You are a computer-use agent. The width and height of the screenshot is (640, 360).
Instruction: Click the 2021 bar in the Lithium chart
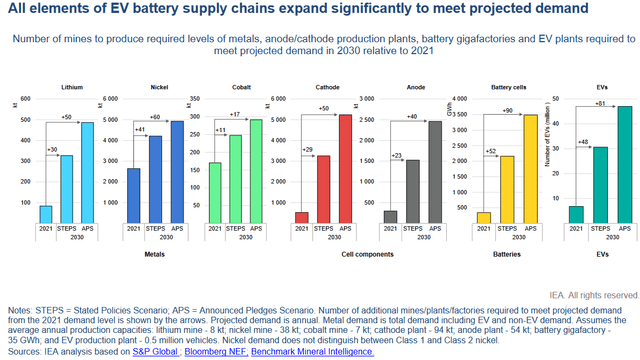[x=46, y=214]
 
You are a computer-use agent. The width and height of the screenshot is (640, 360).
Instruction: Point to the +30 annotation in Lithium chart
[x=52, y=149]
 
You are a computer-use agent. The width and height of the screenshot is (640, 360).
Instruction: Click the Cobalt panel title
[x=240, y=87]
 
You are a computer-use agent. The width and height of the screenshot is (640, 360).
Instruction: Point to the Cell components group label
[x=365, y=255]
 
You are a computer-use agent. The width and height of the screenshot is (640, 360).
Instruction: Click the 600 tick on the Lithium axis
[x=22, y=98]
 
